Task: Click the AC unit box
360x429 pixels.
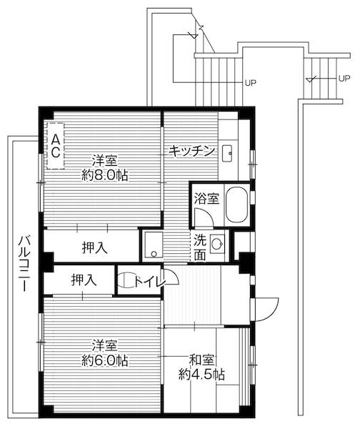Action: point(55,146)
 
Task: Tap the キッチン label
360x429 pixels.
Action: point(192,150)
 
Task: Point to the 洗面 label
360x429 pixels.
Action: point(201,247)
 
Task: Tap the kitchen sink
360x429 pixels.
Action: point(229,151)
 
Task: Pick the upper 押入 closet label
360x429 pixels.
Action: point(94,248)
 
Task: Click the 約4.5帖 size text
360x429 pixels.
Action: point(202,374)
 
